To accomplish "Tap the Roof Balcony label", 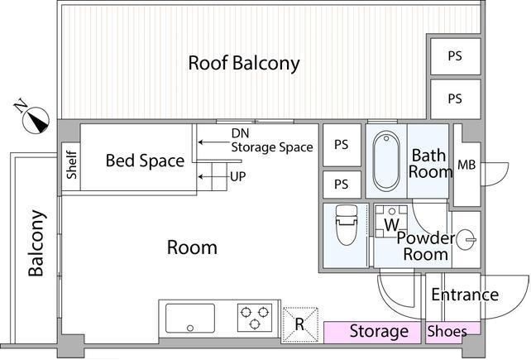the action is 244,63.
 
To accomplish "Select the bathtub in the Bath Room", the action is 385,161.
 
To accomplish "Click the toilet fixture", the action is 346,225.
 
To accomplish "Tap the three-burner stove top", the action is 255,318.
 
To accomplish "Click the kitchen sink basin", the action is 190,319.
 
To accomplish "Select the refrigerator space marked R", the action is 299,324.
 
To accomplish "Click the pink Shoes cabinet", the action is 452,332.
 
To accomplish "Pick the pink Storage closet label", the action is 379,331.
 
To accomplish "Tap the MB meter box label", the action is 466,165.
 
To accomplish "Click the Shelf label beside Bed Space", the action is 71,165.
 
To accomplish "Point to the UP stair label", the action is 237,176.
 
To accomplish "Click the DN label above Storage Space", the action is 240,133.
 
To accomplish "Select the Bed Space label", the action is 145,161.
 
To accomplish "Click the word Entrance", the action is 465,295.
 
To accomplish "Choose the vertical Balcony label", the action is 36,243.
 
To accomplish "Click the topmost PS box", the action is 456,56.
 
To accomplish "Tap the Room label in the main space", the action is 192,247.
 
